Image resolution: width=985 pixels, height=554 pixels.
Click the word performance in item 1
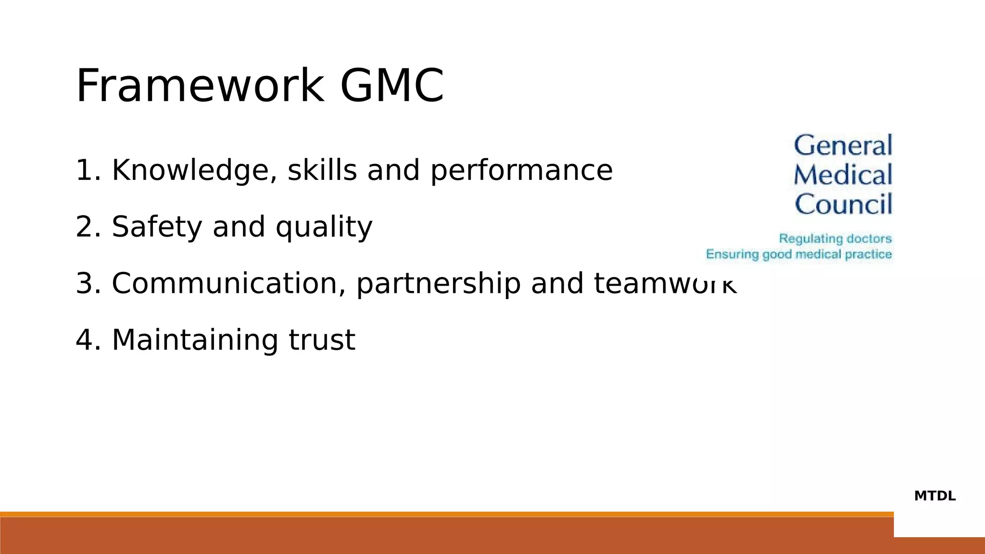(521, 171)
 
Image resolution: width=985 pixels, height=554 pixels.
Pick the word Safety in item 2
(157, 227)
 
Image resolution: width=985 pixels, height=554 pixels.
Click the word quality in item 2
(324, 227)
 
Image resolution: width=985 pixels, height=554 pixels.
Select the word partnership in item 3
(438, 284)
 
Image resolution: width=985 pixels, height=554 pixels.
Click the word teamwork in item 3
(665, 283)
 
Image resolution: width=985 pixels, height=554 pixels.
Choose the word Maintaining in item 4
(195, 340)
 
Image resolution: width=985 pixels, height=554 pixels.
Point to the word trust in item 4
(322, 340)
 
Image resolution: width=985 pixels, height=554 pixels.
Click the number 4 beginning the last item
(84, 340)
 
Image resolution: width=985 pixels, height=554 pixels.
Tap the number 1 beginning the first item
(84, 171)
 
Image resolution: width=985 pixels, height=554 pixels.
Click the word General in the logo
(843, 145)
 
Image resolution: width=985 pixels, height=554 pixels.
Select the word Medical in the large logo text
(843, 175)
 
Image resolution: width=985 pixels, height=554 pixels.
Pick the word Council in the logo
(844, 204)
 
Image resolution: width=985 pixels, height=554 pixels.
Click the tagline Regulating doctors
(835, 239)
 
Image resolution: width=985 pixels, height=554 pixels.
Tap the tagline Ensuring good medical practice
(799, 254)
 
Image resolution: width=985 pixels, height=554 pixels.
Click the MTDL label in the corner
(934, 496)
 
